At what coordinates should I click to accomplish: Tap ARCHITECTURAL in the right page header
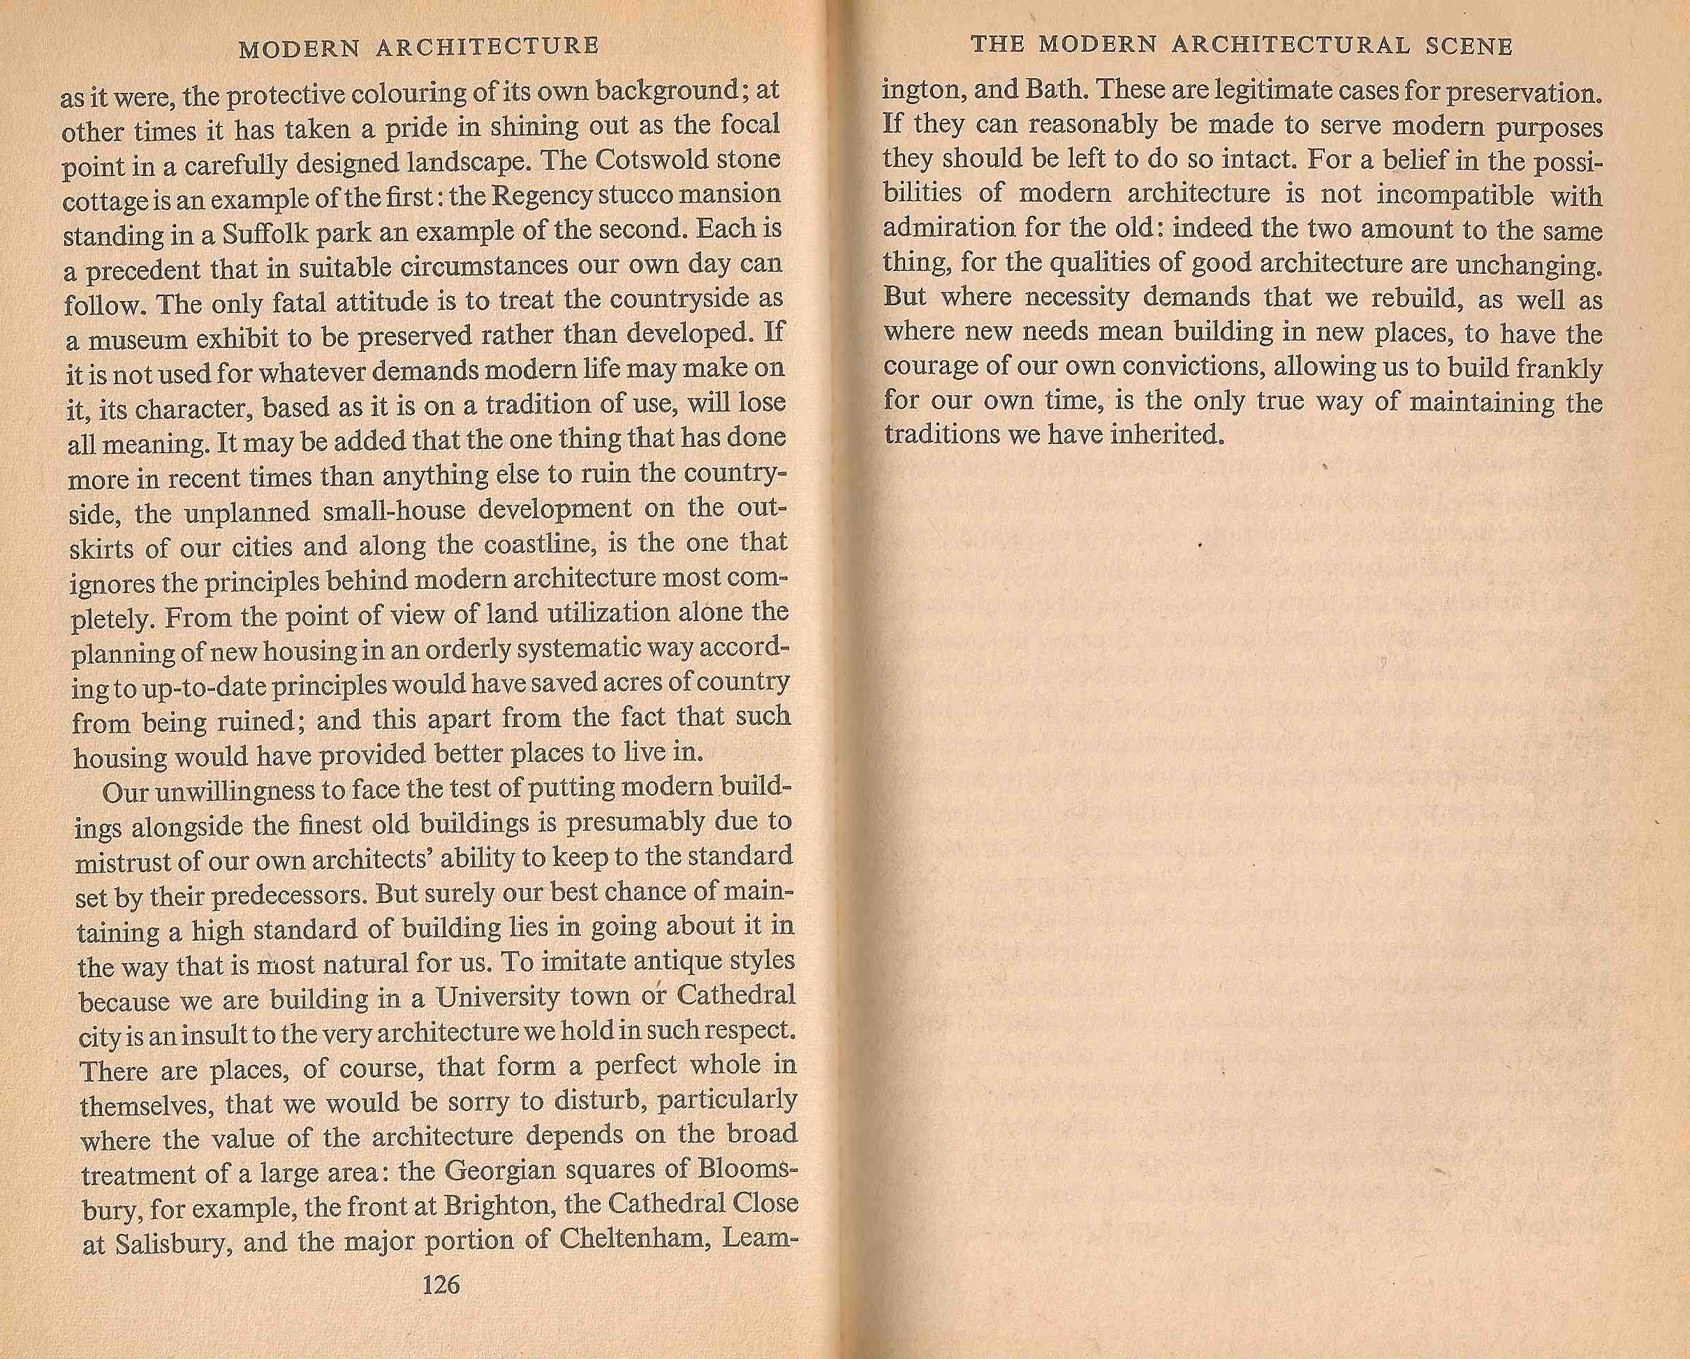(1295, 45)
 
